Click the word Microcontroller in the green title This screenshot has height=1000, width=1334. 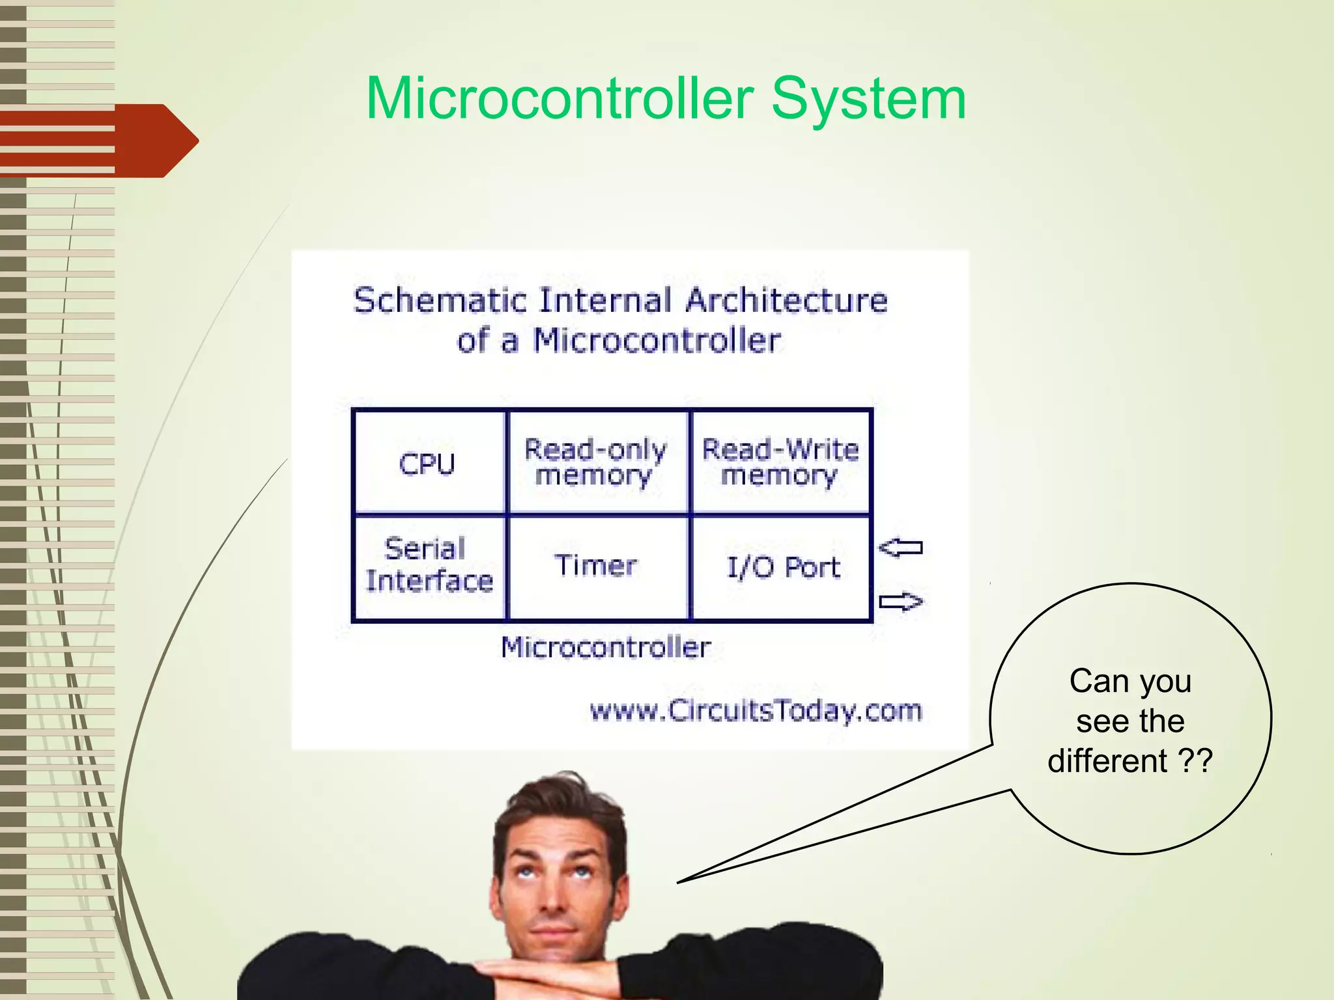(560, 99)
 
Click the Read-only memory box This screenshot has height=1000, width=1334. (597, 462)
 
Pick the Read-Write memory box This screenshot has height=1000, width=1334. (780, 462)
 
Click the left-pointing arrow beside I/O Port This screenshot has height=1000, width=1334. (901, 548)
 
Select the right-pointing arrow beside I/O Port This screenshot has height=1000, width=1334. (901, 602)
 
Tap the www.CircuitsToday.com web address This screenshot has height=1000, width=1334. (756, 710)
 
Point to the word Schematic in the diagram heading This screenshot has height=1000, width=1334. (440, 301)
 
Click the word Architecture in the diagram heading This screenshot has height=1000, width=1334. (787, 301)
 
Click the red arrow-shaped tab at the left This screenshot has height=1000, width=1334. (130, 141)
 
